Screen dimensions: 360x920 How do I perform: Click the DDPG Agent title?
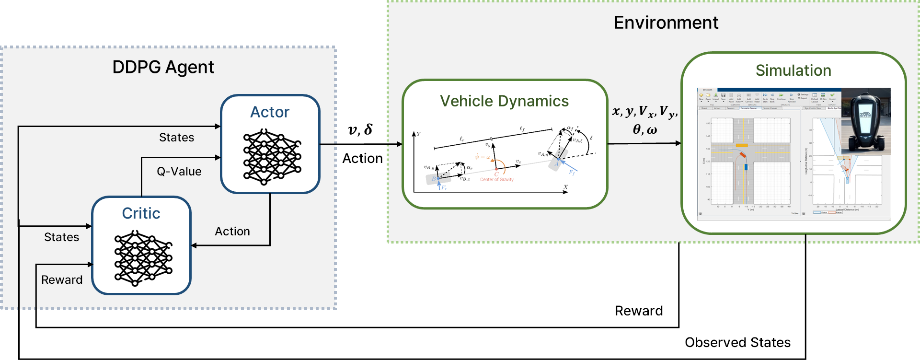163,67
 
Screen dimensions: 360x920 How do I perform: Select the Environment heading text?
666,23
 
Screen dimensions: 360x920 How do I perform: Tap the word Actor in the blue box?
270,112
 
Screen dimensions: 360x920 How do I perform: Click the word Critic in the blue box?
141,213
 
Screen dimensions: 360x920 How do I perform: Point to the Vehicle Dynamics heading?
504,101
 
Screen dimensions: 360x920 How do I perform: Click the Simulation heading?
793,70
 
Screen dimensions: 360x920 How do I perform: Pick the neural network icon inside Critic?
143,258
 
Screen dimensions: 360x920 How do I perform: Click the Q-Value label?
179,172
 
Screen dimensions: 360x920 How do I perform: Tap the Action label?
232,232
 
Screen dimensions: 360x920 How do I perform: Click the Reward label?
62,280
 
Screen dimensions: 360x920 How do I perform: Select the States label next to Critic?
62,237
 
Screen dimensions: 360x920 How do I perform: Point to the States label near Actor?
176,138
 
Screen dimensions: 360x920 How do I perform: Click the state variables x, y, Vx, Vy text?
645,112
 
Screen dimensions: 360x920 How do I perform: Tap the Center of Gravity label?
497,180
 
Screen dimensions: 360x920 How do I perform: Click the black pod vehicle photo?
865,121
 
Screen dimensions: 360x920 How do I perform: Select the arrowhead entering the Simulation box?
678,143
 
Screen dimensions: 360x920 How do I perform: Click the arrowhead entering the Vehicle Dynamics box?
400,144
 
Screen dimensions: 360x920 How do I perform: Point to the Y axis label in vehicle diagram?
419,134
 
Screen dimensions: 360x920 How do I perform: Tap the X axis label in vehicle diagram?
566,187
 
